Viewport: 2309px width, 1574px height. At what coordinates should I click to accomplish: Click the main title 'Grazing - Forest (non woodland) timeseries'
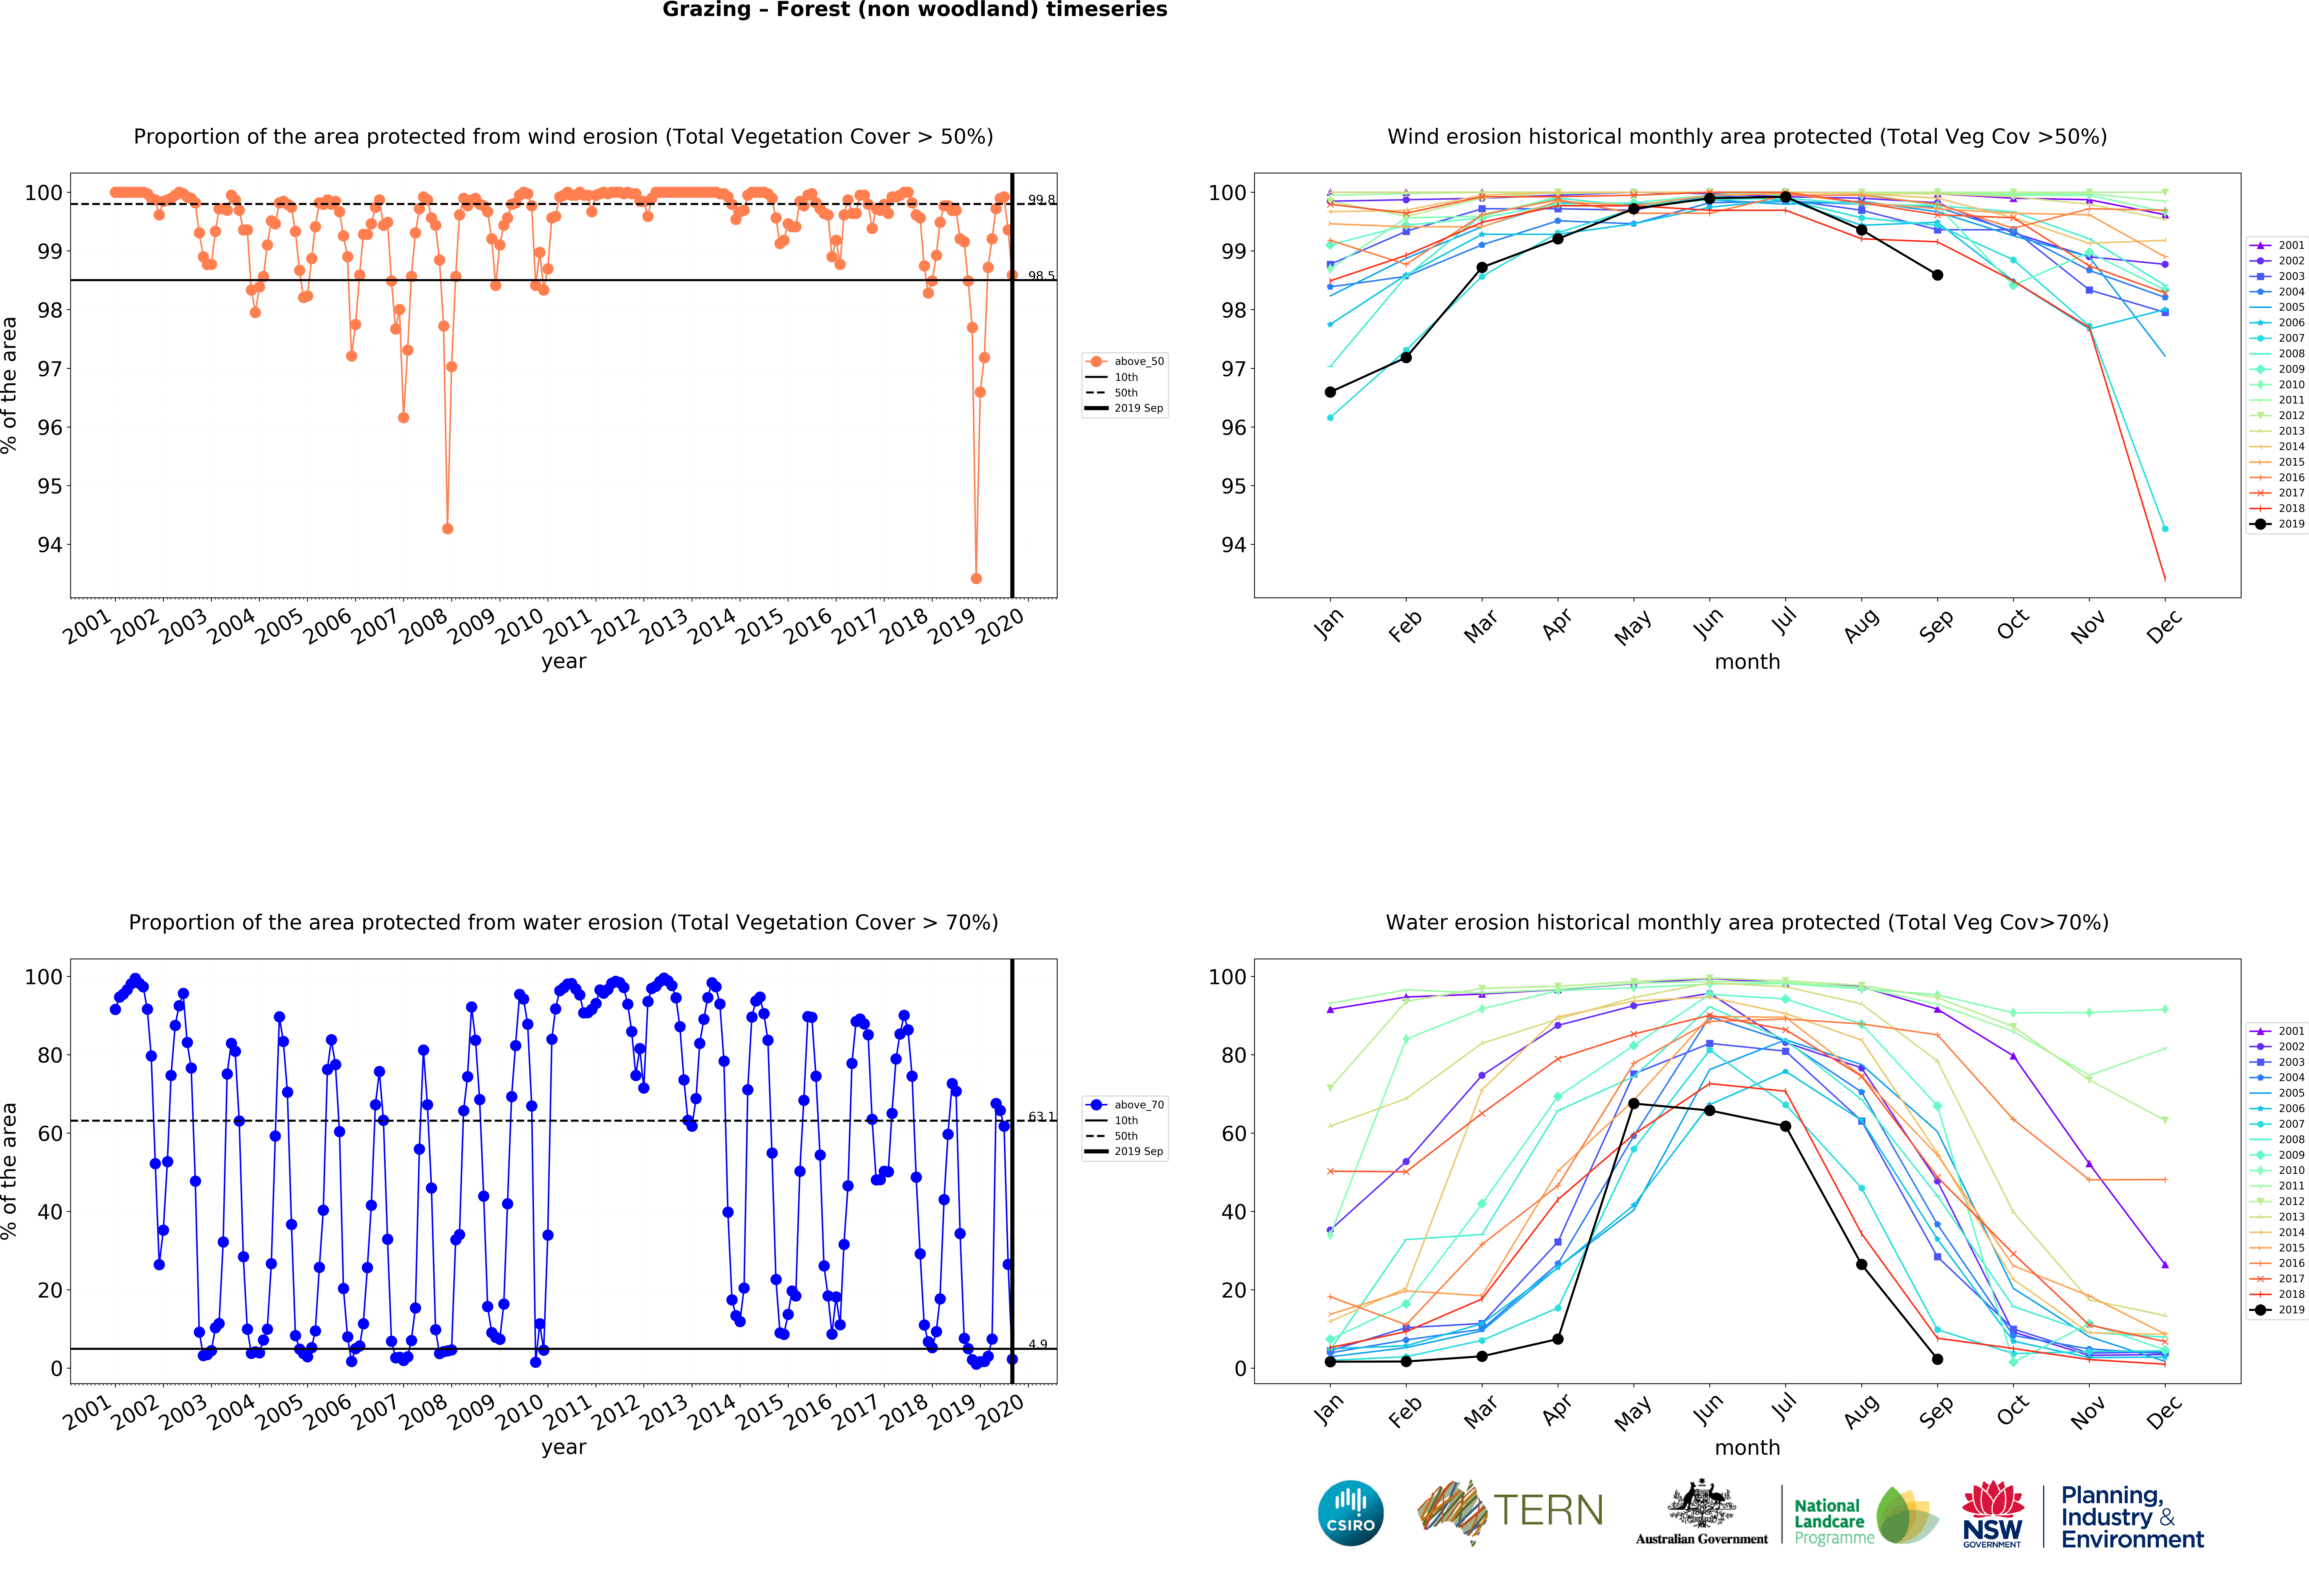[x=914, y=10]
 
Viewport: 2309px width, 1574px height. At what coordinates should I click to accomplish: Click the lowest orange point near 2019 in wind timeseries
[x=976, y=578]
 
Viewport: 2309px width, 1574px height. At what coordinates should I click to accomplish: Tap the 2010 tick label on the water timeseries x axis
[x=520, y=1412]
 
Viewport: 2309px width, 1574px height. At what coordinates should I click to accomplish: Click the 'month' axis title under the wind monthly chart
[x=1747, y=662]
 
